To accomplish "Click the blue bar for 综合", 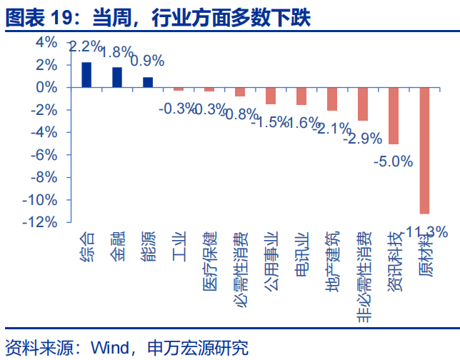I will tap(86, 75).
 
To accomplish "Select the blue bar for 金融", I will tap(117, 77).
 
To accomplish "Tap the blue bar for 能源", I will tap(148, 82).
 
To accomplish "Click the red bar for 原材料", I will tap(424, 150).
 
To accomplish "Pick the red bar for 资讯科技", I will tap(394, 115).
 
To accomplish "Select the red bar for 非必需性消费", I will tap(363, 104).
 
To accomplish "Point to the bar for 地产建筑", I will tap(332, 99).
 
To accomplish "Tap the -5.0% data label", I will tap(394, 161).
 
